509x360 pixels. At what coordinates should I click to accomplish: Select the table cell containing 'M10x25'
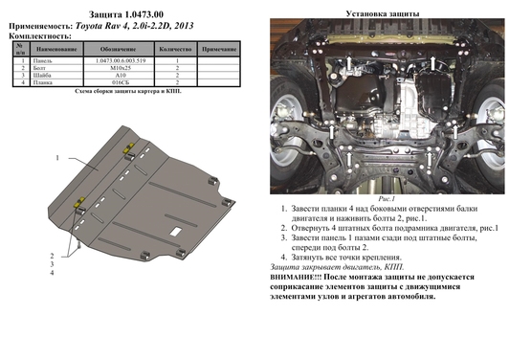(120, 68)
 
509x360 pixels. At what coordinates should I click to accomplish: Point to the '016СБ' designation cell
(120, 84)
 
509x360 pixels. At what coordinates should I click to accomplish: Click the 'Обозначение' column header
(120, 46)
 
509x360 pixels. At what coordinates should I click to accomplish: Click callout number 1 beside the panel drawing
(56, 156)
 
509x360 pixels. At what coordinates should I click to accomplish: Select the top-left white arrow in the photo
(349, 63)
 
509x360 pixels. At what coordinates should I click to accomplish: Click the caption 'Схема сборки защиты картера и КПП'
(121, 93)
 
